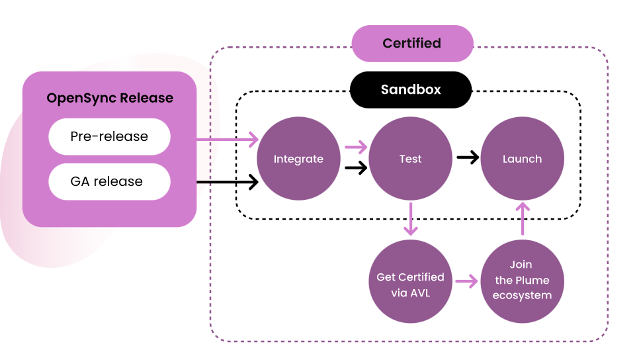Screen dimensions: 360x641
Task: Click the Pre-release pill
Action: (109, 137)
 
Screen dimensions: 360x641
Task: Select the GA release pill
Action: (109, 181)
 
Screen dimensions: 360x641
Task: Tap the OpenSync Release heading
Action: (110, 98)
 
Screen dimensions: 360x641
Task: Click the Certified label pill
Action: (411, 43)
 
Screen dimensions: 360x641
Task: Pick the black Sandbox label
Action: (410, 89)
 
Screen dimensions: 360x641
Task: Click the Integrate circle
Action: (298, 159)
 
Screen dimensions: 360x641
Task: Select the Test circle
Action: (410, 159)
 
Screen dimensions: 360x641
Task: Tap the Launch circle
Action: (522, 159)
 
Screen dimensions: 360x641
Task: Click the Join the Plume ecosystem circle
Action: (522, 281)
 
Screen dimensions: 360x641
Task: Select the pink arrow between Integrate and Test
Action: (355, 147)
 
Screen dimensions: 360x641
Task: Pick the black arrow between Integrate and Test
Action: (355, 168)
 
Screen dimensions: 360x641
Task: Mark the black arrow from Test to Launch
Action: (468, 157)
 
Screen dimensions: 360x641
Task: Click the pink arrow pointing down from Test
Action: (411, 219)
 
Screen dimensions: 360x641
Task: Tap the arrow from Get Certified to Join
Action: (466, 281)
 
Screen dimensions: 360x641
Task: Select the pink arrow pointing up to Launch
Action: (523, 219)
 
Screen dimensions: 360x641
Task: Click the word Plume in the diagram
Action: (532, 280)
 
